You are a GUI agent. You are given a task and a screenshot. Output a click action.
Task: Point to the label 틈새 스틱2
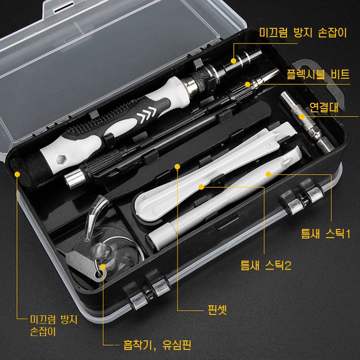coord(265,264)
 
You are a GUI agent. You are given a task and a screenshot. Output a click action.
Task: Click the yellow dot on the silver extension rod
coord(302,116)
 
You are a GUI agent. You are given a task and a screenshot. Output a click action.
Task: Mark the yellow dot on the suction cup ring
coord(103,266)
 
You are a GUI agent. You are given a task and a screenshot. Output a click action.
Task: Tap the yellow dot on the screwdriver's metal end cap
coord(234,61)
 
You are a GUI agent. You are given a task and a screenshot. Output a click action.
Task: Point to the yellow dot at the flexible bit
coord(248,84)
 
